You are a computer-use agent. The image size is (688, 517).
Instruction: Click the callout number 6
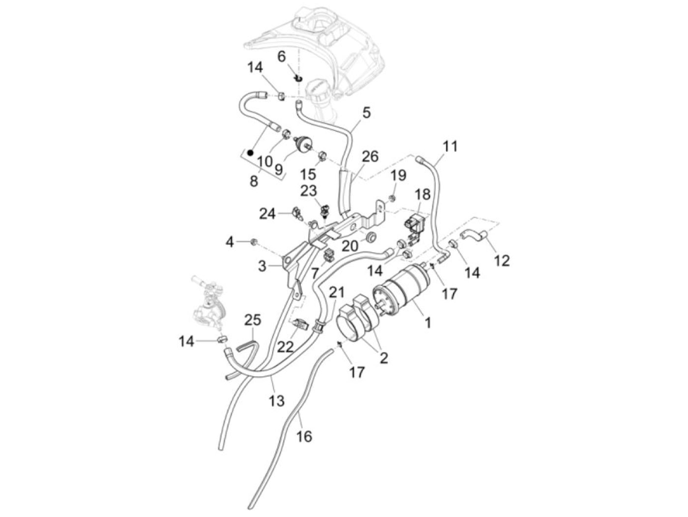pyautogui.click(x=282, y=57)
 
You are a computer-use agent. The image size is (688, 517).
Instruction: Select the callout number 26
pyautogui.click(x=370, y=156)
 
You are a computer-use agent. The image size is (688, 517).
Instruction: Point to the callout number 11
pyautogui.click(x=450, y=146)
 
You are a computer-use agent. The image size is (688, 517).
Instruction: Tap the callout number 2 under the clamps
pyautogui.click(x=384, y=358)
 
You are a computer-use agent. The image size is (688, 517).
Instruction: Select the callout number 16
pyautogui.click(x=304, y=436)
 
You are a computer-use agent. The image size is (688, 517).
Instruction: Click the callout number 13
pyautogui.click(x=277, y=401)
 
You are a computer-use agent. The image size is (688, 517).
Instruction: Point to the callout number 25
pyautogui.click(x=253, y=320)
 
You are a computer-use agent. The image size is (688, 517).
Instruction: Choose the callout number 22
pyautogui.click(x=286, y=347)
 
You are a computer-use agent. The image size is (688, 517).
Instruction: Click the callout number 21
pyautogui.click(x=337, y=292)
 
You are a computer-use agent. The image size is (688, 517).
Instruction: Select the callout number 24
pyautogui.click(x=267, y=214)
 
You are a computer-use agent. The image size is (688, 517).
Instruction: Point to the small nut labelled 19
pyautogui.click(x=392, y=198)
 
